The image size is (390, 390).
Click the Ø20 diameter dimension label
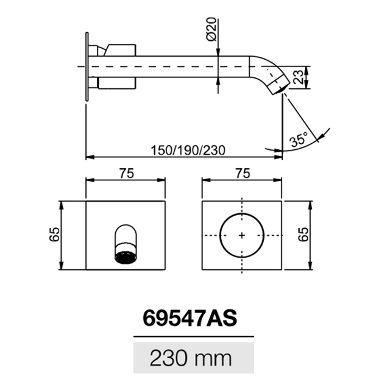point(211,29)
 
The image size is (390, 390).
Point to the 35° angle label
point(299,139)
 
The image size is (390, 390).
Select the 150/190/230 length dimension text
point(188,151)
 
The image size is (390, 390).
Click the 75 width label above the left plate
point(127,173)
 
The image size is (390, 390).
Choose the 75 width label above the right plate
point(243,173)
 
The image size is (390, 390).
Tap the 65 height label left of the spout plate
point(54,234)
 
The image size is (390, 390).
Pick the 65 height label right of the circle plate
point(303,234)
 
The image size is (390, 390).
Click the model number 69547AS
point(190,319)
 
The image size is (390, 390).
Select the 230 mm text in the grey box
point(191,358)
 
